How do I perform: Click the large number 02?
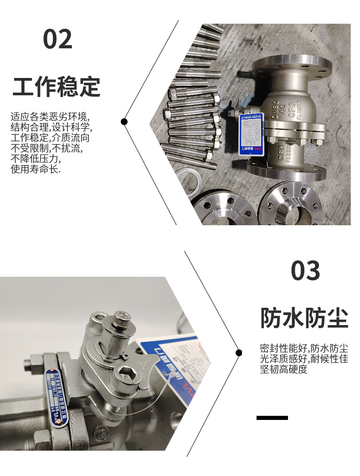click(x=57, y=39)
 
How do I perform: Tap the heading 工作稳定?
click(x=56, y=86)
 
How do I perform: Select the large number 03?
click(x=305, y=271)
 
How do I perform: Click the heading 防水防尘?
click(x=304, y=318)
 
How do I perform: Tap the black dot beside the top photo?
click(x=124, y=121)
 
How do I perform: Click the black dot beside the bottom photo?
click(x=239, y=352)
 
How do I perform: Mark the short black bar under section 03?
click(x=272, y=418)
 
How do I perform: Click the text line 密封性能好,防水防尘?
click(x=304, y=348)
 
